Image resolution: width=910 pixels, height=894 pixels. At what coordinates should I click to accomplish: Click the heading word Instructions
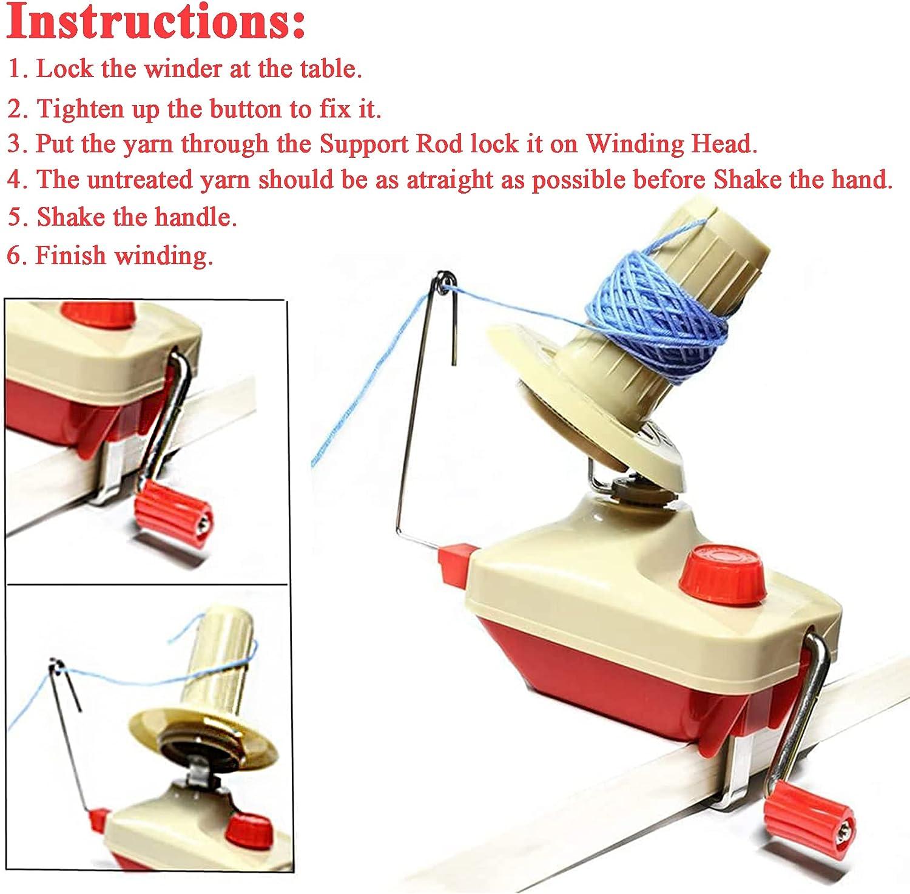(155, 23)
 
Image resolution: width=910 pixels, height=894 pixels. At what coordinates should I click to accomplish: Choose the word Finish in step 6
(70, 256)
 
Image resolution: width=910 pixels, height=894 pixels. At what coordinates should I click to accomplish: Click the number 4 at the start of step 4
(15, 180)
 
